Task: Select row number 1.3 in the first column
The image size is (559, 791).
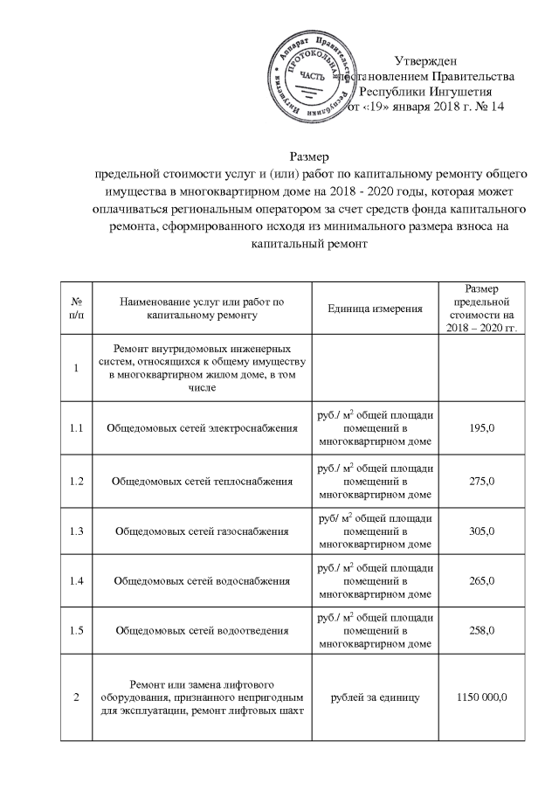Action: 76,531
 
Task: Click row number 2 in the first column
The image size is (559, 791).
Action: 76,697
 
